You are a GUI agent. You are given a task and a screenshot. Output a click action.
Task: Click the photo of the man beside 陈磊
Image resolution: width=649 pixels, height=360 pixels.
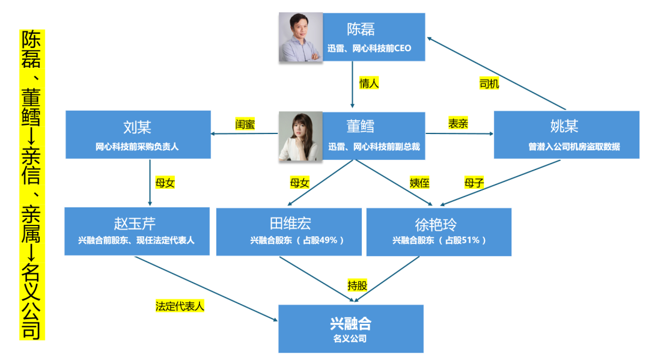300,37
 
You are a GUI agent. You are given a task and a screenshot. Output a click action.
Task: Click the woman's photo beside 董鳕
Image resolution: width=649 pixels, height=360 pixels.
300,136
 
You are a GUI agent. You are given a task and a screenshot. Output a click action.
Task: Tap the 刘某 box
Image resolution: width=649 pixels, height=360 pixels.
138,135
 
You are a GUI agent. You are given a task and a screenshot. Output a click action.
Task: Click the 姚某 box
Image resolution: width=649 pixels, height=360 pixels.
566,135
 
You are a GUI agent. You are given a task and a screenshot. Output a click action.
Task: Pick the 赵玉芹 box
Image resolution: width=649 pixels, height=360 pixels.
137,231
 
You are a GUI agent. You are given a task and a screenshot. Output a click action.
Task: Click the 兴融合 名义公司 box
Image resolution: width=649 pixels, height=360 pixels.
351,329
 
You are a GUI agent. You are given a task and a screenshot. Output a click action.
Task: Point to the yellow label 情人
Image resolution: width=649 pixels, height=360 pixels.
369,84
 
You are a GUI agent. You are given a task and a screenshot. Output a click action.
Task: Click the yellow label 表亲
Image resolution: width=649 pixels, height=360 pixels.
458,124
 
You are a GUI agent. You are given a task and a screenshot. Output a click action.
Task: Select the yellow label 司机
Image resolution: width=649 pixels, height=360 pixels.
489,84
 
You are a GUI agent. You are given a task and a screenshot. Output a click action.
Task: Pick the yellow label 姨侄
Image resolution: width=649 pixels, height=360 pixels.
419,183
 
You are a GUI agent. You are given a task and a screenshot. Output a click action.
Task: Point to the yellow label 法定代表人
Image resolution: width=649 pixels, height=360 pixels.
180,306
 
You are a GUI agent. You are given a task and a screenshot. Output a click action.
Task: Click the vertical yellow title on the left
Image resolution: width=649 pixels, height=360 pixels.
32,184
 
